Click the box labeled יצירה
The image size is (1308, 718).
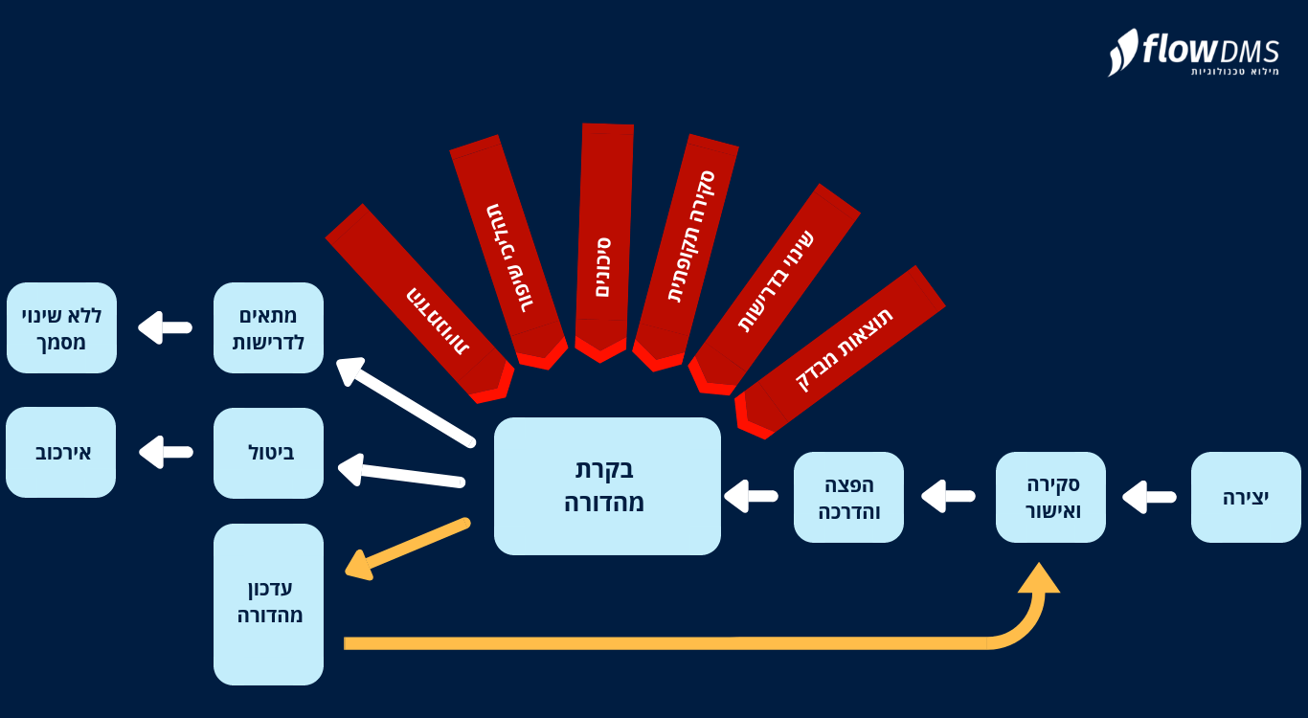[x=1246, y=497]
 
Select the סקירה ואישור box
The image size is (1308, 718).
[x=1050, y=497]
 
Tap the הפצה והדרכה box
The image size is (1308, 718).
[x=848, y=497]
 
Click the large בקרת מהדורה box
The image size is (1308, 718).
[x=607, y=485]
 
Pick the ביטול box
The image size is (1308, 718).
[x=268, y=453]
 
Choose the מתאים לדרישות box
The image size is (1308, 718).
[x=268, y=327]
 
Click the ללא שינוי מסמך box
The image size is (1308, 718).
[x=61, y=327]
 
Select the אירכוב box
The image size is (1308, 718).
[x=61, y=452]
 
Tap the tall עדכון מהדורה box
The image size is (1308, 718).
[x=268, y=603]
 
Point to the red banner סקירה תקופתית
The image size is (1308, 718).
[x=688, y=249]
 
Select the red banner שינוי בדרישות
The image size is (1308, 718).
[x=776, y=282]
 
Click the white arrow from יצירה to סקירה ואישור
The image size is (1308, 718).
[x=1149, y=497]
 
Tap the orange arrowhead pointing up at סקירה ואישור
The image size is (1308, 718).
[x=1039, y=579]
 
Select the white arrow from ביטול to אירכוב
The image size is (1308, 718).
[x=165, y=452]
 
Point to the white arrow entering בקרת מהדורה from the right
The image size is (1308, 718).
[x=751, y=496]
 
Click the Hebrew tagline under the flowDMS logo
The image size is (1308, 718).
[x=1234, y=72]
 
